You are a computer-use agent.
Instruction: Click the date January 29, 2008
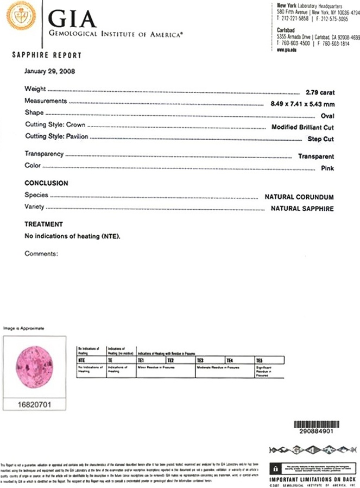click(50, 71)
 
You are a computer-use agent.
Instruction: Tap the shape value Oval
click(327, 116)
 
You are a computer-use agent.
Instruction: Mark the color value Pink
click(327, 168)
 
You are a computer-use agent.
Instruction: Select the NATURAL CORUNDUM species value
click(299, 197)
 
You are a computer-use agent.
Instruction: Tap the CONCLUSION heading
click(46, 183)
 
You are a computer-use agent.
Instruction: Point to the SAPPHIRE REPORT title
click(46, 55)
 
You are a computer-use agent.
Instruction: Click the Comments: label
click(41, 254)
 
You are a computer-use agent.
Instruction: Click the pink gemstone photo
click(34, 366)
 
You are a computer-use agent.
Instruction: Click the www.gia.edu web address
click(286, 49)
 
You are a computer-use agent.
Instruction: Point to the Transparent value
click(316, 157)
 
